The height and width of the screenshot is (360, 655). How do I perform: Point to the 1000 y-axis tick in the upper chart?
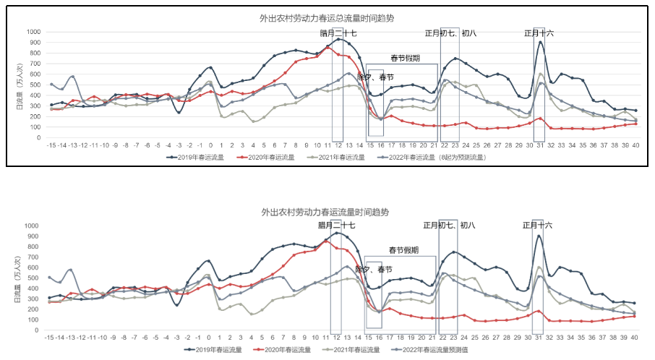point(33,33)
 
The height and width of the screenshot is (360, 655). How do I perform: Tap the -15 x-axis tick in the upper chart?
point(51,145)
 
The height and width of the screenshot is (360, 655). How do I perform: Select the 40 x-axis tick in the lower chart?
point(634,338)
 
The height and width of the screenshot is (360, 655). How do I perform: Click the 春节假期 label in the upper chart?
point(405,59)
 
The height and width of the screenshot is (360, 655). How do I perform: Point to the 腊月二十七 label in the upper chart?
point(338,33)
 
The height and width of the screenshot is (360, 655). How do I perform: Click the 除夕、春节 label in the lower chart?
point(374,269)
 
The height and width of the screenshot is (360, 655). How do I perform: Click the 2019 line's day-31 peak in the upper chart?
point(539,42)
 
